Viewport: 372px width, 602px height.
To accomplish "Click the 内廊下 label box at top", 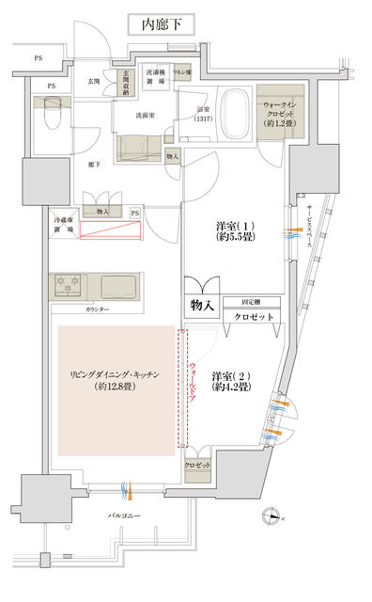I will [x=160, y=24].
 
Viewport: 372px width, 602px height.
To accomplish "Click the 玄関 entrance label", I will [x=94, y=81].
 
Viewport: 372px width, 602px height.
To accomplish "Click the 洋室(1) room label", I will [x=231, y=232].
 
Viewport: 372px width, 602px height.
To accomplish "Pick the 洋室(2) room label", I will [x=229, y=379].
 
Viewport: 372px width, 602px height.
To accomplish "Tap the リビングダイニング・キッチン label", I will [x=117, y=380].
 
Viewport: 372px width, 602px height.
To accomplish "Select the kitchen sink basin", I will [x=119, y=285].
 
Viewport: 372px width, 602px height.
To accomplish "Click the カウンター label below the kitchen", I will [x=98, y=309].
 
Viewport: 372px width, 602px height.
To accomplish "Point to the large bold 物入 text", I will [x=203, y=305].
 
